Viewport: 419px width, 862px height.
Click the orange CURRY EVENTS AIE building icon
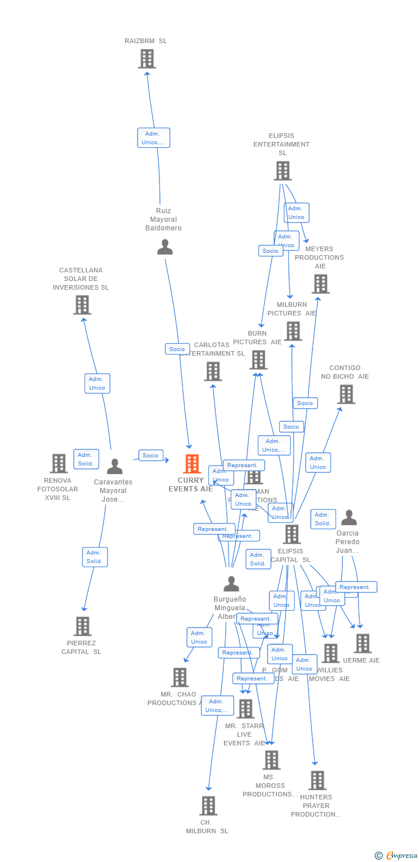[x=192, y=463]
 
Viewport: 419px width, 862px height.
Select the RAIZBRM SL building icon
[x=147, y=59]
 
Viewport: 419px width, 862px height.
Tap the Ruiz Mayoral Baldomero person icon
[x=165, y=247]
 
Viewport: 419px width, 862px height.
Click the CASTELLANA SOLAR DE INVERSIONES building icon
[x=82, y=305]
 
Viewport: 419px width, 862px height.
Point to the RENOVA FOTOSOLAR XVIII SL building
[x=59, y=463]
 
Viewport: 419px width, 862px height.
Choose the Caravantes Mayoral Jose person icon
[x=115, y=467]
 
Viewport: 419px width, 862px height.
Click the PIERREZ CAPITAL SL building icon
[x=83, y=626]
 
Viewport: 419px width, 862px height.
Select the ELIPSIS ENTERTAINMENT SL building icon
[x=283, y=171]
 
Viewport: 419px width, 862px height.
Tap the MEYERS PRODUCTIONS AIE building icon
[x=321, y=284]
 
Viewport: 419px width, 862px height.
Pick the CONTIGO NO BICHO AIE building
[x=346, y=394]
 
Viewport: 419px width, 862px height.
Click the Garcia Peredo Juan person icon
[x=349, y=518]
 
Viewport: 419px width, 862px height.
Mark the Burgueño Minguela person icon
[x=231, y=584]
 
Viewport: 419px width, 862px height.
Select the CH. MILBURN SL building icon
[x=208, y=806]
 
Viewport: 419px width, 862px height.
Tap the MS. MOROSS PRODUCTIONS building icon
[x=272, y=760]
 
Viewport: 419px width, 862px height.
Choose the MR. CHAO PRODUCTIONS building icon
[x=180, y=677]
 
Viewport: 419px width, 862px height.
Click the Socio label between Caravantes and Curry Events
[x=151, y=455]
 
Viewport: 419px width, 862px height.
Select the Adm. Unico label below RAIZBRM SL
[x=154, y=138]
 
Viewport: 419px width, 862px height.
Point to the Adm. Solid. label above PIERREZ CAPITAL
[x=95, y=557]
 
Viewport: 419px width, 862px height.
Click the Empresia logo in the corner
[x=397, y=856]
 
